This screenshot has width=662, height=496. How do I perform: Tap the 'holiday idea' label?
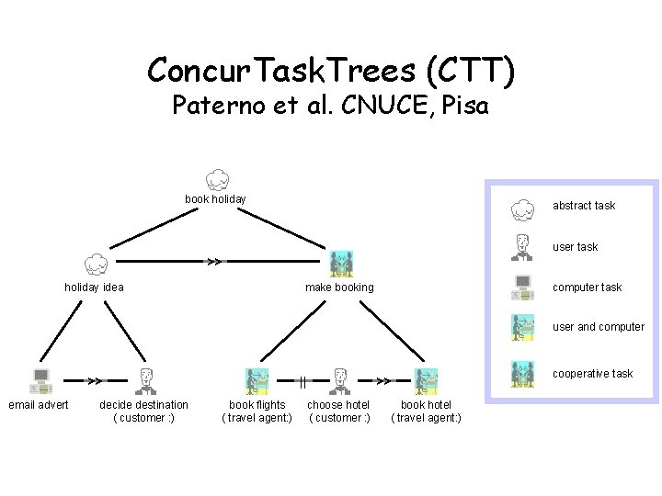(94, 287)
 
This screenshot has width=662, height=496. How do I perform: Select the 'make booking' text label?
(339, 287)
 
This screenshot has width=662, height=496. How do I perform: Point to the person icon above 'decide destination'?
(144, 380)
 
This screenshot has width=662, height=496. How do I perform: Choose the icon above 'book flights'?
(257, 380)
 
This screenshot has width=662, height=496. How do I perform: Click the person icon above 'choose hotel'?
(338, 380)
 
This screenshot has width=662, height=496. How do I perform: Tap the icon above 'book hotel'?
(426, 380)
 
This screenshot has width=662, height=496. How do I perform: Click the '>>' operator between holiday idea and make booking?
(213, 262)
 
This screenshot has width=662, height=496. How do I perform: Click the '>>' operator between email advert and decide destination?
(94, 379)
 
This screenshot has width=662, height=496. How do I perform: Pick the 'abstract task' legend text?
(584, 206)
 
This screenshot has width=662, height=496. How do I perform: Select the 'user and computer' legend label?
(599, 327)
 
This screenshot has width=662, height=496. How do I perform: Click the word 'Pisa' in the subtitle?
(465, 107)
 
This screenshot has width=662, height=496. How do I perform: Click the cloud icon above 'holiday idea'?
(95, 265)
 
